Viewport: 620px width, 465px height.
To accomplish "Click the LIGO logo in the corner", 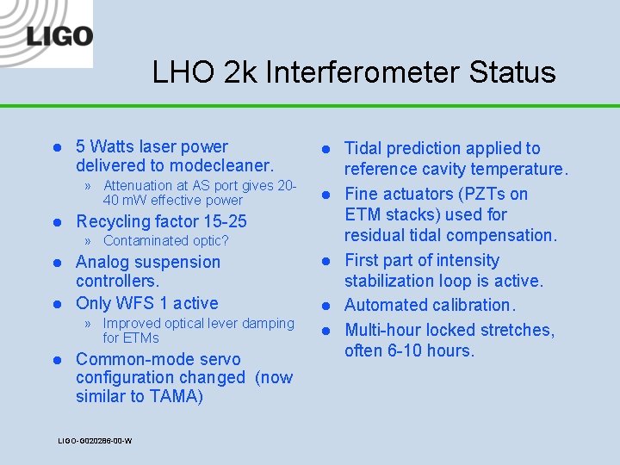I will pyautogui.click(x=58, y=36).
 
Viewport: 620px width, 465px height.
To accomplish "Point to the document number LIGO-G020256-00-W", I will pyautogui.click(x=95, y=441).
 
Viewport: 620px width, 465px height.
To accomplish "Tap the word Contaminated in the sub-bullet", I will pyautogui.click(x=144, y=241).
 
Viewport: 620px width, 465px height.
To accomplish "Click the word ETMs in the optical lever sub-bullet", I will pyautogui.click(x=141, y=338).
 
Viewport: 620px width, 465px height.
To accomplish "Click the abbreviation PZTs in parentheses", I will pyautogui.click(x=471, y=194).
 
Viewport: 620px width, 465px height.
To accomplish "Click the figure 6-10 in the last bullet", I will pyautogui.click(x=408, y=350).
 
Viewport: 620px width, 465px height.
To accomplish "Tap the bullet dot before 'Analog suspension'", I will pyautogui.click(x=55, y=263).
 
